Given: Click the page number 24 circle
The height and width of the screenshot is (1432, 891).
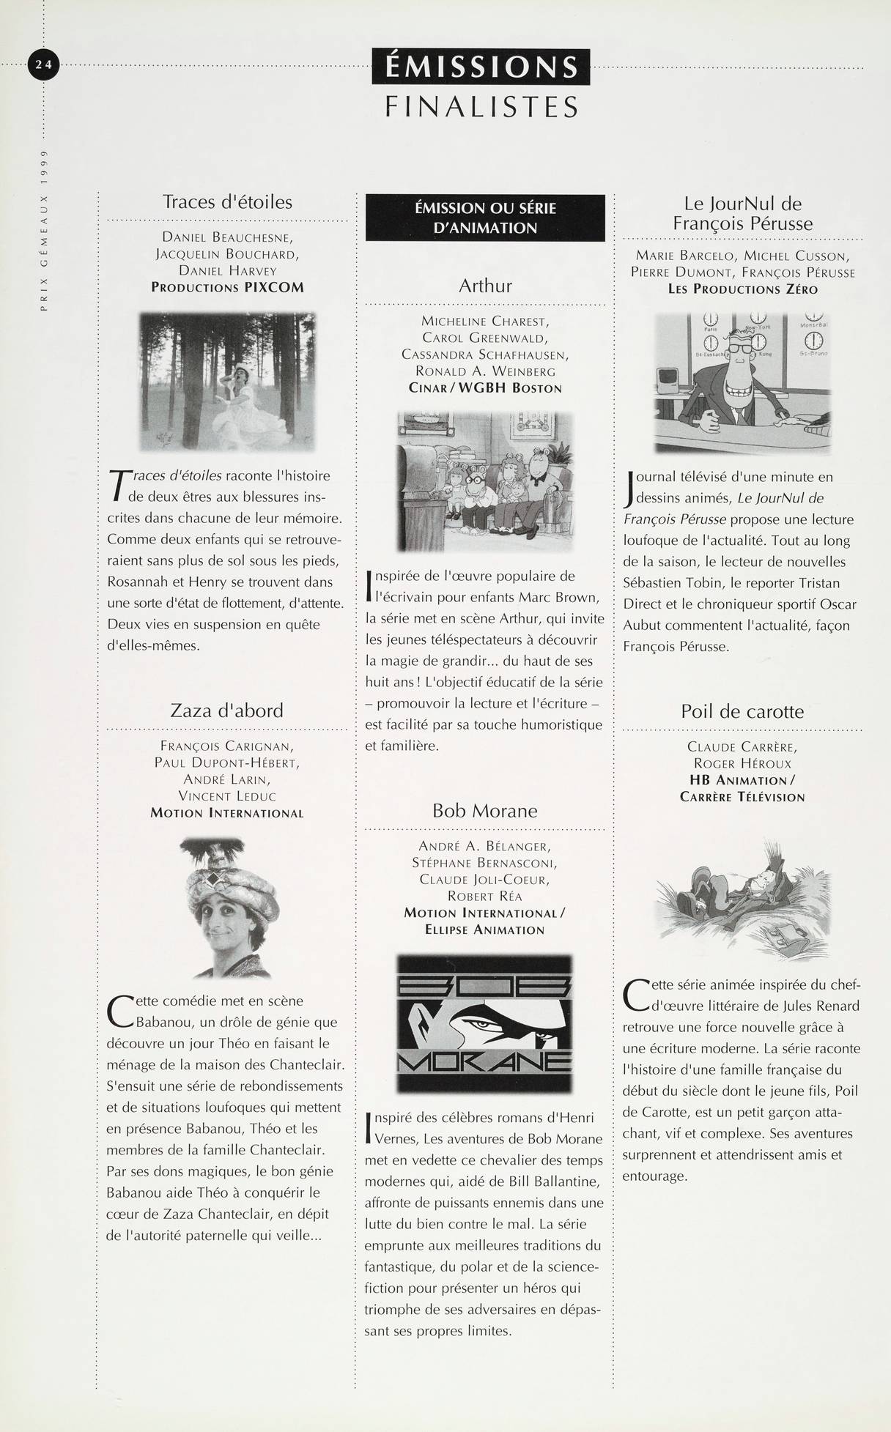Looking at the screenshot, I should click(43, 64).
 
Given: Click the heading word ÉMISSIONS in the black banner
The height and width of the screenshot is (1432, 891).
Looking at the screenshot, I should click(481, 67).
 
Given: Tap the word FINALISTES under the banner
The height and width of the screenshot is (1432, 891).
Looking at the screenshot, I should click(481, 107).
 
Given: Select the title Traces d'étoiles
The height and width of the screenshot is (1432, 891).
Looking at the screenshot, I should click(227, 201).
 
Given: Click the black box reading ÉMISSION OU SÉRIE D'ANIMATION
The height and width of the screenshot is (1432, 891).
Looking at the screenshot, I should click(485, 218).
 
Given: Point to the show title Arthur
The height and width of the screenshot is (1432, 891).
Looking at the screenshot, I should click(485, 286).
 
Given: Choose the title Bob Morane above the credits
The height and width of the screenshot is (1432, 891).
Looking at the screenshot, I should click(485, 811).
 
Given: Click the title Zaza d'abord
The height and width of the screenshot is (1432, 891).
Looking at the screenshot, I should click(226, 711).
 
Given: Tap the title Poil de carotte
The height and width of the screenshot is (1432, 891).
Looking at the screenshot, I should click(742, 711).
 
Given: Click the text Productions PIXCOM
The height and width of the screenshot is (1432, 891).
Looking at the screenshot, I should click(227, 287).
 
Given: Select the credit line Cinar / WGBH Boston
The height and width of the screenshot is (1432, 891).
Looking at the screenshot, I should click(485, 388).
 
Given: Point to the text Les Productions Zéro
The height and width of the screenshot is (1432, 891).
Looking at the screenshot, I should click(742, 289).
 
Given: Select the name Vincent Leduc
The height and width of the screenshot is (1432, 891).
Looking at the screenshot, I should click(227, 795).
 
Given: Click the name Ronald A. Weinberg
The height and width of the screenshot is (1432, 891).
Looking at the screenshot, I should click(485, 371).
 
